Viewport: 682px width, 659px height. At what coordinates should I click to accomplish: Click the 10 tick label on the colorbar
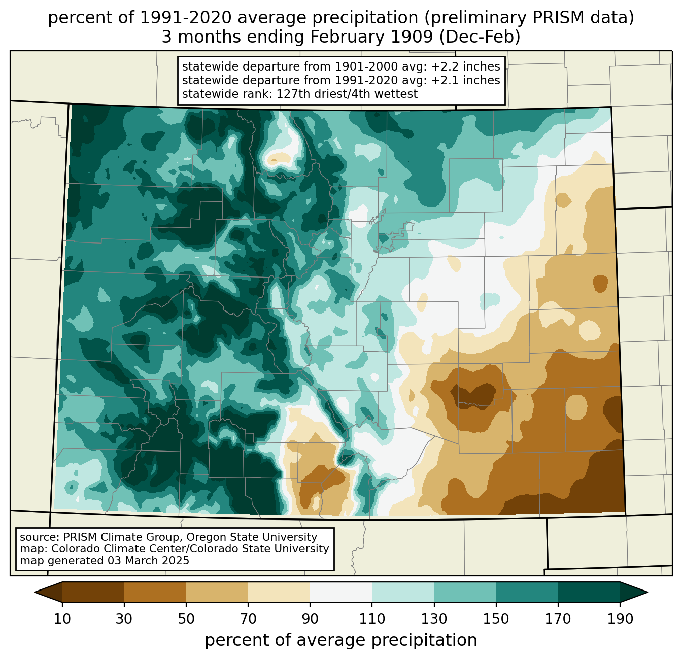62,619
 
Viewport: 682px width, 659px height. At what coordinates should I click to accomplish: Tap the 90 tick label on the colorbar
310,619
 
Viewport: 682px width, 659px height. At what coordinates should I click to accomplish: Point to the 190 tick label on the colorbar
620,619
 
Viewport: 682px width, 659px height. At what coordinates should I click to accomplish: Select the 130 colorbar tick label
434,619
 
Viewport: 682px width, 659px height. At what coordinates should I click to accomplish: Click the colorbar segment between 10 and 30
93,592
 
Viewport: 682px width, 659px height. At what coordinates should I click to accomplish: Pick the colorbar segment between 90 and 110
341,592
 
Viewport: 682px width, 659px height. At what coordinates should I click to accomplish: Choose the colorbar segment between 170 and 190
589,592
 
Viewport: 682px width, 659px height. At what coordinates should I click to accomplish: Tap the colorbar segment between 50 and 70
217,592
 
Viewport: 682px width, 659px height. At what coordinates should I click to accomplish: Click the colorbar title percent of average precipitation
341,640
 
